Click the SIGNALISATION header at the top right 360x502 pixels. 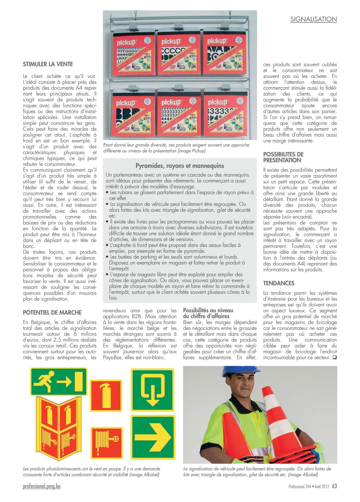pos(313,19)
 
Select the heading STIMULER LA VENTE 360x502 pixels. pos(48,64)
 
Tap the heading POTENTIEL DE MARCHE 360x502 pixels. pos(52,313)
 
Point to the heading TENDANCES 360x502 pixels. pos(279,283)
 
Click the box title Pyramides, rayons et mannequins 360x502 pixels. pos(180,166)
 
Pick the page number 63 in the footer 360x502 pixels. pos(334,486)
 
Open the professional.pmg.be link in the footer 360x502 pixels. pos(42,486)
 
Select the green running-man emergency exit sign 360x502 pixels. pos(58,382)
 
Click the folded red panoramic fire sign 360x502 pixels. pos(58,428)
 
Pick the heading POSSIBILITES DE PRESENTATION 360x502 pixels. pos(283,157)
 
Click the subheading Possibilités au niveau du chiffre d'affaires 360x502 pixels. pos(208,313)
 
